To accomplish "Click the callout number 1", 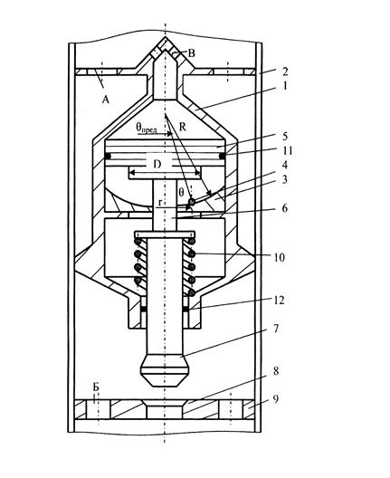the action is pos(285,86).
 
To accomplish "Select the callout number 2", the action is pos(285,72).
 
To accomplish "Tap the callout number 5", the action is pos(285,136).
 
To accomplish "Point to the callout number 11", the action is pos(287,150).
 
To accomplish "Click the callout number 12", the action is pos(279,301).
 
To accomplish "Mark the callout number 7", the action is pos(275,329).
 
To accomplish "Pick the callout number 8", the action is pos(275,371).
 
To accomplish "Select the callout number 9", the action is pos(275,398).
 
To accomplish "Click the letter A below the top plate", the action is pos(105,99).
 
